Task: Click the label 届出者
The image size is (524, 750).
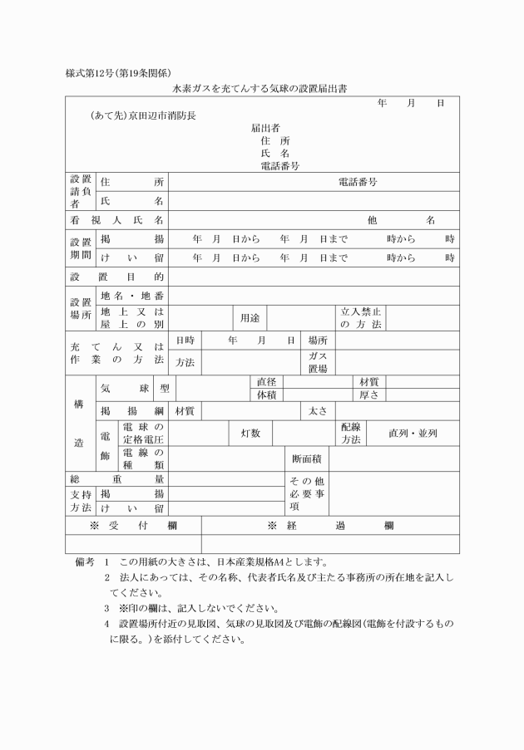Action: pos(265,128)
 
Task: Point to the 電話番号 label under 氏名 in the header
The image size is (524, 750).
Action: pos(279,165)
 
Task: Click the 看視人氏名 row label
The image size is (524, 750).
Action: pos(116,220)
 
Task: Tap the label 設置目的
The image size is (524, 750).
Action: pos(116,276)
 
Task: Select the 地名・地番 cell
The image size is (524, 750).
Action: pos(132,296)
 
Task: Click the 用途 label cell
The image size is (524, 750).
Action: pos(250,317)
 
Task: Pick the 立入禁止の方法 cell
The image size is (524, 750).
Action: pos(360,317)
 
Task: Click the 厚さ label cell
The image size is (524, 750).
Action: pos(368,395)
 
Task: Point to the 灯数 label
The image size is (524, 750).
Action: pos(250,433)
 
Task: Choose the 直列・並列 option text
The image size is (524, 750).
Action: pos(413,433)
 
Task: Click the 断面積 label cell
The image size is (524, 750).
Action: pos(307,458)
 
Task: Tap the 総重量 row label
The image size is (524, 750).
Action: pos(116,479)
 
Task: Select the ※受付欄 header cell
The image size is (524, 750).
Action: pos(133,526)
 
